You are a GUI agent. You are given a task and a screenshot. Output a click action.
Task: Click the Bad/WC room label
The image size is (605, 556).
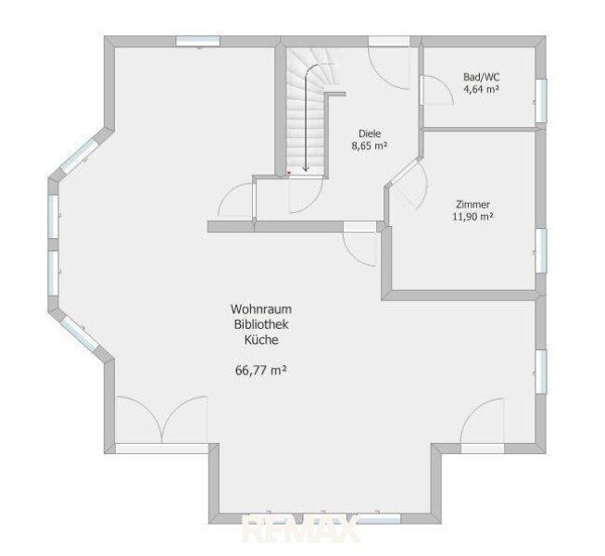pyautogui.click(x=481, y=77)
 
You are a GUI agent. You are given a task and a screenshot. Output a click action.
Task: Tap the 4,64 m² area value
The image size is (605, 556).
pyautogui.click(x=481, y=90)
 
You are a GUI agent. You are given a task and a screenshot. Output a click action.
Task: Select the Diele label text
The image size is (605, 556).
pyautogui.click(x=370, y=133)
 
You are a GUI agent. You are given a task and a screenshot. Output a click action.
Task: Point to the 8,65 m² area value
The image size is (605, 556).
pyautogui.click(x=370, y=146)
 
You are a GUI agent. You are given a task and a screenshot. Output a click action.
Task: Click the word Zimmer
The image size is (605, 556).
pyautogui.click(x=473, y=205)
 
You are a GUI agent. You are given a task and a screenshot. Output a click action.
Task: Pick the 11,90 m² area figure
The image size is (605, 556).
pyautogui.click(x=473, y=217)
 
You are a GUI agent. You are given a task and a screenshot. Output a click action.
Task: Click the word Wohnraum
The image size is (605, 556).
pyautogui.click(x=261, y=310)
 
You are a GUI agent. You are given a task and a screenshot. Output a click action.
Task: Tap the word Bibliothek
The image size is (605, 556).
pyautogui.click(x=261, y=324)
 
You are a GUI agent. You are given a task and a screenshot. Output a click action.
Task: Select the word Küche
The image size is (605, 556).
pyautogui.click(x=261, y=340)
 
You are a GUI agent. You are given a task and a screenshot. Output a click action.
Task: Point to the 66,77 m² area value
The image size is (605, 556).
pyautogui.click(x=261, y=371)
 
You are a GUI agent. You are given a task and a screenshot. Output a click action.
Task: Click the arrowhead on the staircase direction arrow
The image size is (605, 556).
pyautogui.click(x=306, y=169)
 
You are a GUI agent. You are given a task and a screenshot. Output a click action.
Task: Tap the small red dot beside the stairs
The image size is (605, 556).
pyautogui.click(x=289, y=173)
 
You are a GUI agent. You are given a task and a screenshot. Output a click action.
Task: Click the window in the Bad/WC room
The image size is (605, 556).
pyautogui.click(x=541, y=101)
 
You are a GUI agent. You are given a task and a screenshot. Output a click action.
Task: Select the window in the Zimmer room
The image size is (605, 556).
pyautogui.click(x=541, y=251)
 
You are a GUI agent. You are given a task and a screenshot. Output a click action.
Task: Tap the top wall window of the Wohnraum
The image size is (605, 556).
pyautogui.click(x=198, y=42)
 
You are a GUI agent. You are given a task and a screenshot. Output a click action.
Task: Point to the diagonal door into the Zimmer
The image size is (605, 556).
pyautogui.click(x=404, y=173)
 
